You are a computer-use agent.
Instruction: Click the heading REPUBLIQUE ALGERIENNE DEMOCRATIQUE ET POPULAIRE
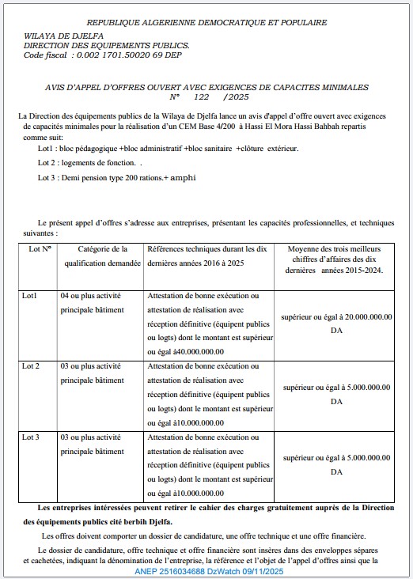pos(206,23)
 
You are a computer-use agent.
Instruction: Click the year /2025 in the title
pos(237,96)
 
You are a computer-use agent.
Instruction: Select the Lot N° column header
pos(40,248)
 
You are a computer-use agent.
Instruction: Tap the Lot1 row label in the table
pos(31,296)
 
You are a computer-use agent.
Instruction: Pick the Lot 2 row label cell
pos(32,366)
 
